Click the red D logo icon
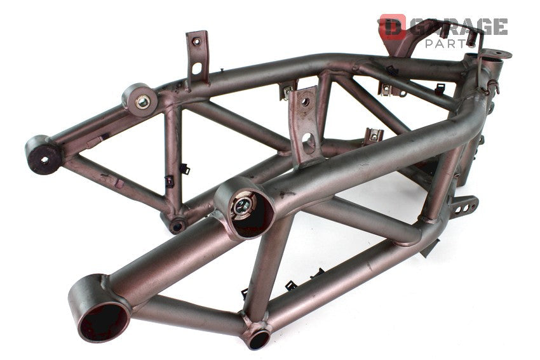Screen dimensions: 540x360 coord(392,27)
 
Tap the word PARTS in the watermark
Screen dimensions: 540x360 coord(450,43)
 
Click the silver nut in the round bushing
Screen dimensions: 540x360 coord(142,102)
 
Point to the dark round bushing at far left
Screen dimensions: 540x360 coord(43,154)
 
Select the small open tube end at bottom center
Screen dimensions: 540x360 coord(259,339)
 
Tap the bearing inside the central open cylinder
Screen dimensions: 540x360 coord(242,206)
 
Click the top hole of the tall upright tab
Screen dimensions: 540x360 coord(196,42)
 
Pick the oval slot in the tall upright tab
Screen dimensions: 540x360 coord(197,68)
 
